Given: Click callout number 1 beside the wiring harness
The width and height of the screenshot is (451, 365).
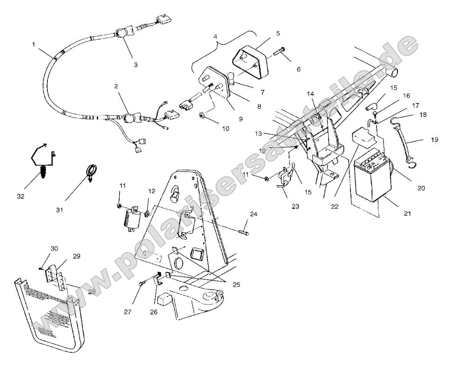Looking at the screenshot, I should pos(34,44).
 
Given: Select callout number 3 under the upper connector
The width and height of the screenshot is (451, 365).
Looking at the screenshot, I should pos(136,65).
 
